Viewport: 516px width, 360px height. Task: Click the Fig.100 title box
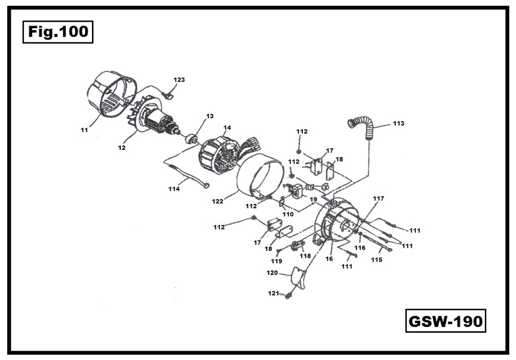(58, 32)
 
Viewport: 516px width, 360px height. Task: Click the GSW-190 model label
(445, 321)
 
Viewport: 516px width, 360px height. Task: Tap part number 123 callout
(180, 79)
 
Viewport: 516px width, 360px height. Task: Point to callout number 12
(122, 147)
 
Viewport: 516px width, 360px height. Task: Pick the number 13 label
(210, 116)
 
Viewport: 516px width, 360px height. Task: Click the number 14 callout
(227, 128)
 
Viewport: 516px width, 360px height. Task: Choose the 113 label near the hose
(398, 124)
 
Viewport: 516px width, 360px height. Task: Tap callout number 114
(174, 189)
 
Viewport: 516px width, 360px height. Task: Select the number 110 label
(288, 214)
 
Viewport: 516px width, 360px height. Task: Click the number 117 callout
(378, 198)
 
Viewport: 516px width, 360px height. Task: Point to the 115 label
(377, 260)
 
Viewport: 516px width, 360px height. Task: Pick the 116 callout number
(360, 248)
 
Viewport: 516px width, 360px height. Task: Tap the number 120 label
(272, 273)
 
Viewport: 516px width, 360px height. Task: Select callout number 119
(276, 261)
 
